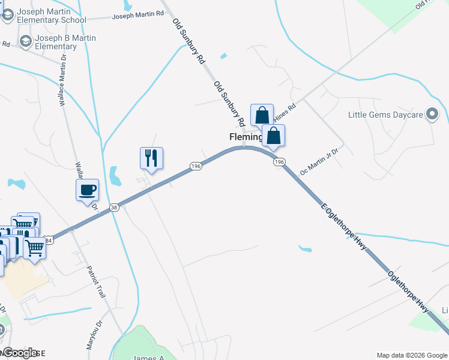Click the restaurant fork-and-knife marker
[151, 158]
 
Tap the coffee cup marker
[88, 190]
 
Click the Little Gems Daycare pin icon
[432, 114]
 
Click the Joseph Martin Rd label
[138, 14]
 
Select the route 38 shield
[114, 208]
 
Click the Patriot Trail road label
[96, 283]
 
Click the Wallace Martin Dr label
[61, 78]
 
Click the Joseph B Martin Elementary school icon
[26, 41]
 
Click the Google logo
[20, 352]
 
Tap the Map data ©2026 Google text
[411, 355]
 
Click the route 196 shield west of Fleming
[196, 166]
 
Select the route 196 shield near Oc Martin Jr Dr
[279, 162]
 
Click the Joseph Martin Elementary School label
[52, 16]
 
